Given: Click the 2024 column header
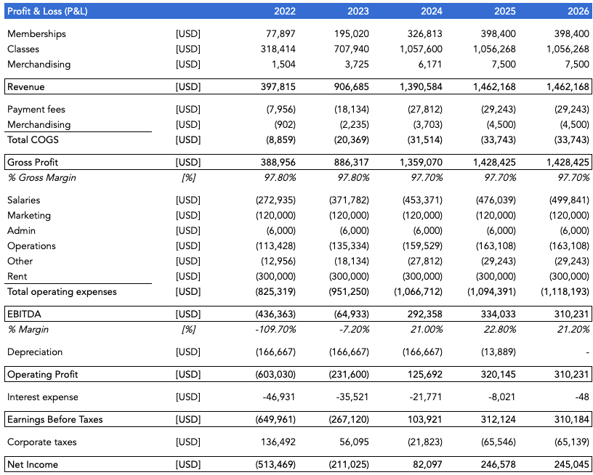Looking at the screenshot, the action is pos(432,11).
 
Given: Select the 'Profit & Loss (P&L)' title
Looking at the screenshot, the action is pos(47,11).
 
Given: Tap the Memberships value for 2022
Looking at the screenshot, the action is pos(281,33).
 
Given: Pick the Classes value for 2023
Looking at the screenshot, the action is pos(351,49).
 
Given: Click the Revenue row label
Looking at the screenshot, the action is pos(25,86).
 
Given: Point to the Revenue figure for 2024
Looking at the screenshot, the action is pos(421,86).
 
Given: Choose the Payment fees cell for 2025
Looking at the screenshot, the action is pos(498,109).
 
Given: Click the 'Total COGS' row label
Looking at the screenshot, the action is pos(33,139).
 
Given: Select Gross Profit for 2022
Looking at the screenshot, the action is pos(278,162).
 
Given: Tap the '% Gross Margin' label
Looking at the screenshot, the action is pos(41,177).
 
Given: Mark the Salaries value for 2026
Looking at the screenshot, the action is pos(569,200).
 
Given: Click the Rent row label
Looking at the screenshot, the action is pos(17,276).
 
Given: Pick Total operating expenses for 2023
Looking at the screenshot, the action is pos(349,291).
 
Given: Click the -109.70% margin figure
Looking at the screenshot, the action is pos(275,329).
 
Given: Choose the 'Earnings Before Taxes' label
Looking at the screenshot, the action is pos(55,420).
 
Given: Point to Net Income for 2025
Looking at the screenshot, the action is pos(498,464).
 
